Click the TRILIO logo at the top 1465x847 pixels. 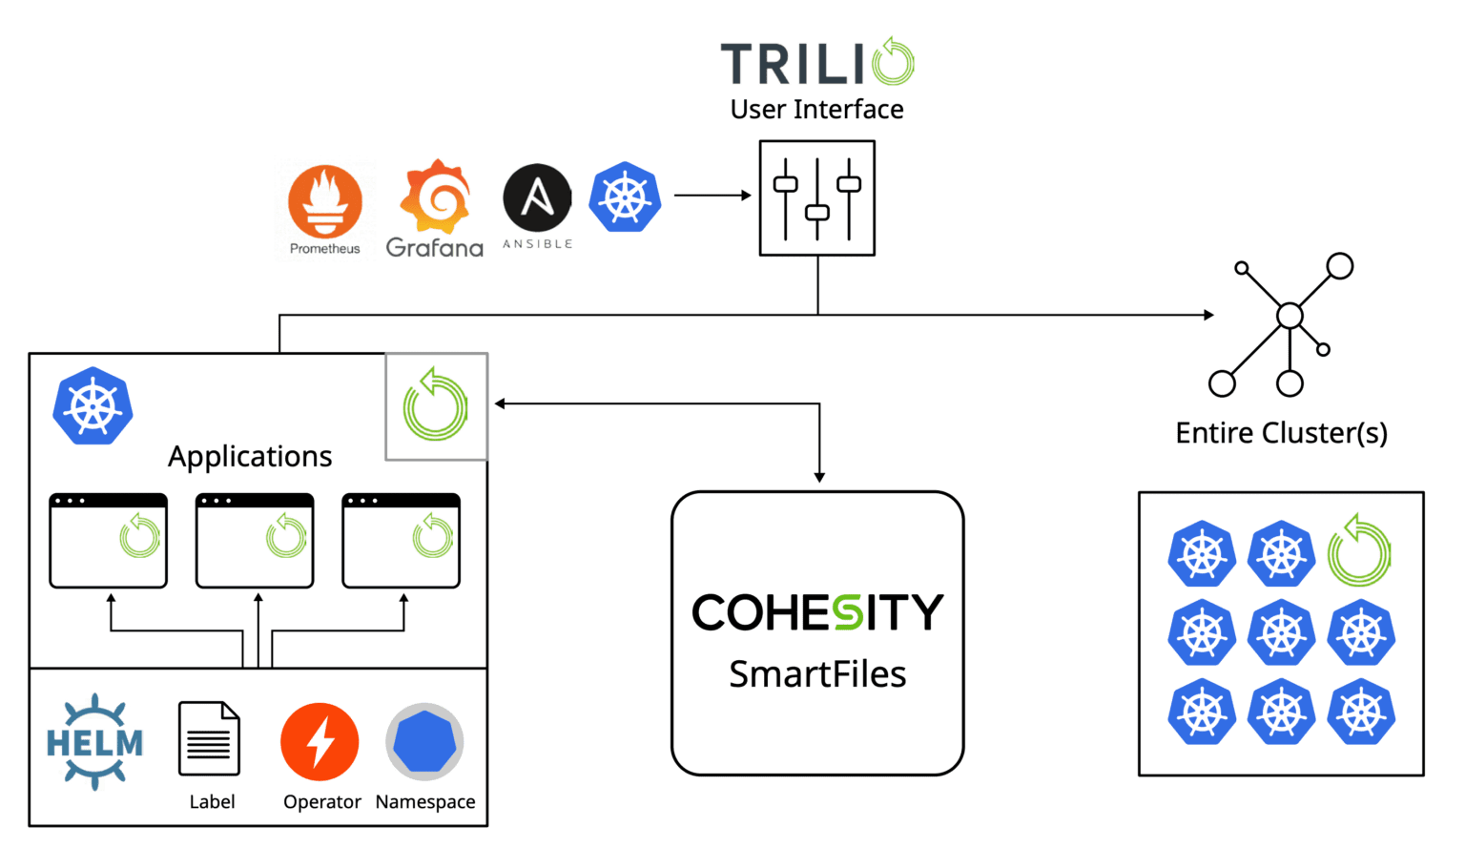[816, 64]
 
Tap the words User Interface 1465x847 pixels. [816, 110]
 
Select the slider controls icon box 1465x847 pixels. [816, 198]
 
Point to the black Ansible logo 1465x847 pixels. [537, 204]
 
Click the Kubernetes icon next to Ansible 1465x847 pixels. [625, 197]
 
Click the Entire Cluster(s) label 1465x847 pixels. [1281, 434]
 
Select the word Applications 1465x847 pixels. [250, 457]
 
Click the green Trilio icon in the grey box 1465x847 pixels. [436, 406]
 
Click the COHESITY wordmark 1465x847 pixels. [817, 612]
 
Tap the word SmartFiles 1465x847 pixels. [817, 674]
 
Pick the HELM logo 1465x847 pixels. [94, 742]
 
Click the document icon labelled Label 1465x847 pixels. [210, 740]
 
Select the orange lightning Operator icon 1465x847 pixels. [320, 742]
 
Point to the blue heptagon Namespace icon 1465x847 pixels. [424, 742]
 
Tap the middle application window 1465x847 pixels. [255, 540]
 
